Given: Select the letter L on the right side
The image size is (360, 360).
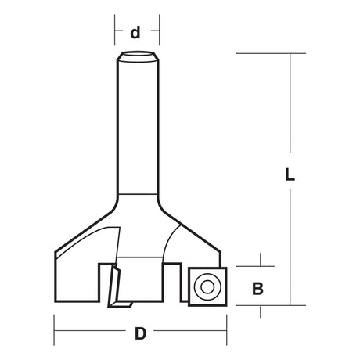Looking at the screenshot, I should (x=289, y=177).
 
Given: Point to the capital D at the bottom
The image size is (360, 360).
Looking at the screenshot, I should (x=140, y=334).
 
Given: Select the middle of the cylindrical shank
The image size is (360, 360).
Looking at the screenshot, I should (x=138, y=125).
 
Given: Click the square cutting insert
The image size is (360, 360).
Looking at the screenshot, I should (x=206, y=286).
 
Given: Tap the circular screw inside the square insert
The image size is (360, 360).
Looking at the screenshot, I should (x=207, y=287).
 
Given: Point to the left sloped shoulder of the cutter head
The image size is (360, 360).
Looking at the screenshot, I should (x=86, y=227).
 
